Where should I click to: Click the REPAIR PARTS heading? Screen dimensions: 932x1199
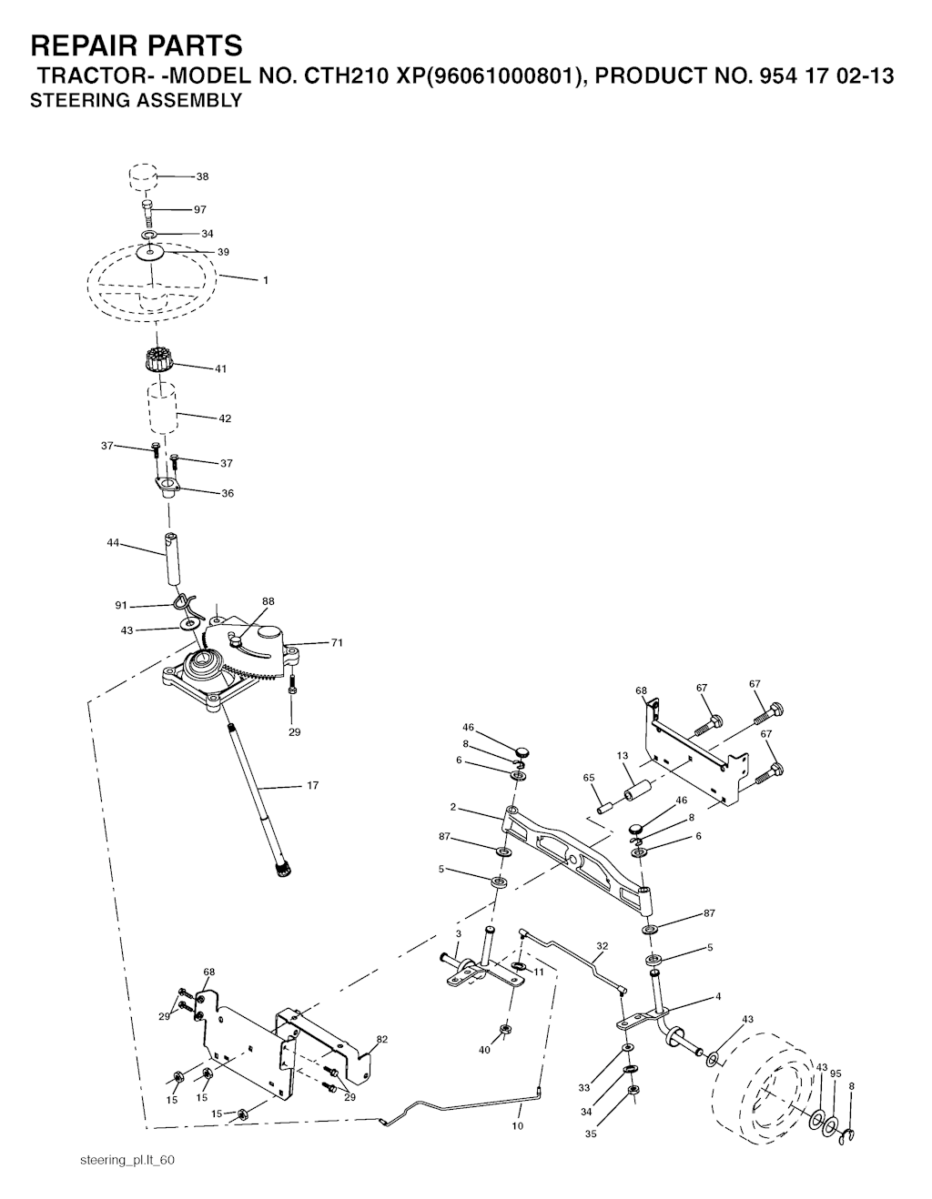click(x=137, y=45)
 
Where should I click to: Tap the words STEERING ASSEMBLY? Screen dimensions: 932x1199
click(x=136, y=100)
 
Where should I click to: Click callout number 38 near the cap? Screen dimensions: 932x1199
click(x=203, y=176)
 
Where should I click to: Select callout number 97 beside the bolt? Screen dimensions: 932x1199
click(x=199, y=209)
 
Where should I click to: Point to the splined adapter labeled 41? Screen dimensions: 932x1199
click(x=153, y=360)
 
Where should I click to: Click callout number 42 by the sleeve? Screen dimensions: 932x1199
click(x=225, y=418)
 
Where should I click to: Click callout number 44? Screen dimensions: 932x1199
click(x=113, y=543)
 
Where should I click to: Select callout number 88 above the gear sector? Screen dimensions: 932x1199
click(x=268, y=601)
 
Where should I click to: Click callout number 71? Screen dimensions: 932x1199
click(x=337, y=642)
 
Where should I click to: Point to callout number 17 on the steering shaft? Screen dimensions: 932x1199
click(x=313, y=785)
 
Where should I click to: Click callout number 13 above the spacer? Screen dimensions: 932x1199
click(x=623, y=756)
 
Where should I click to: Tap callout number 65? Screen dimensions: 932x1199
click(x=589, y=778)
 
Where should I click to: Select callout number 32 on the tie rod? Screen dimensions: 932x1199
click(x=602, y=946)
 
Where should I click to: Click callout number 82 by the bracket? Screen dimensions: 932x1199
click(x=382, y=1040)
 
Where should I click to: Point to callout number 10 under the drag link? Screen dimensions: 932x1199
click(x=518, y=1126)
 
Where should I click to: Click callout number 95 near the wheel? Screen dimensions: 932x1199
click(x=836, y=1073)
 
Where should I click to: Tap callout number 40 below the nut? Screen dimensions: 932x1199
click(x=484, y=1050)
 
